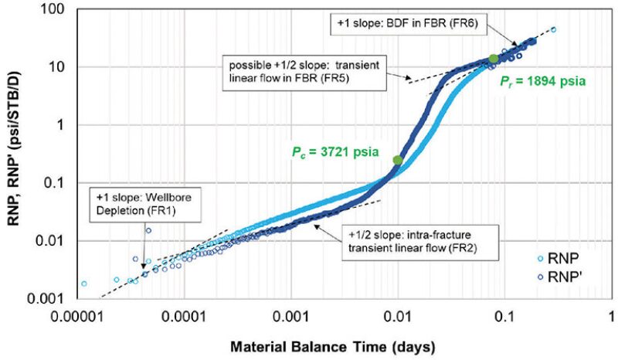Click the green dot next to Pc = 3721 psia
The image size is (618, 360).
tap(398, 160)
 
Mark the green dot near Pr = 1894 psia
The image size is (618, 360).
tap(494, 58)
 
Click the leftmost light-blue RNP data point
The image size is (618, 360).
tap(84, 283)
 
